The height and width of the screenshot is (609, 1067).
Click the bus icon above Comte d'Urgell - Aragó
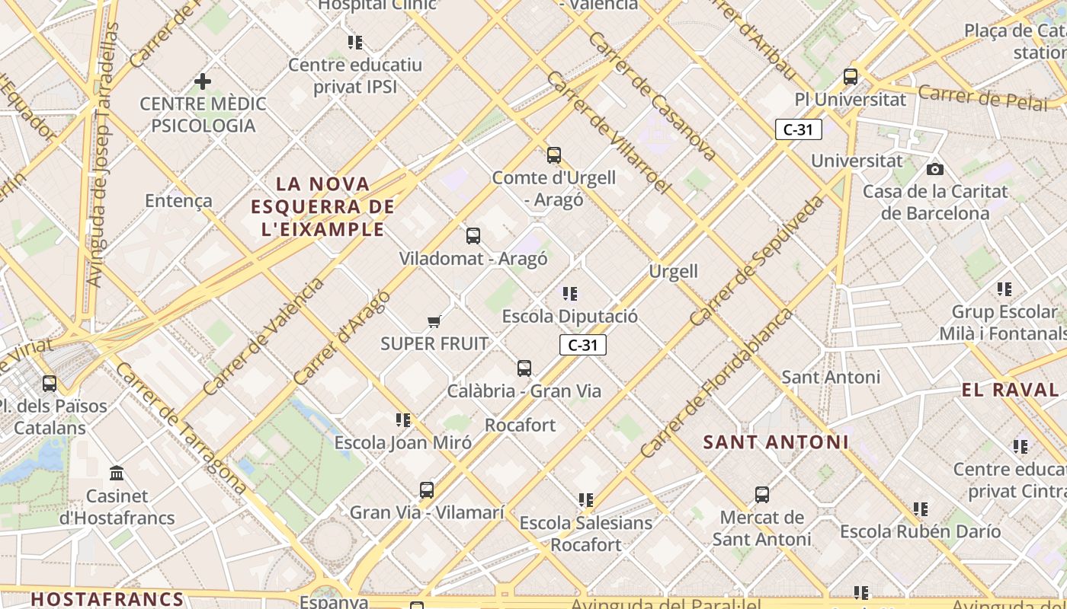pyautogui.click(x=554, y=155)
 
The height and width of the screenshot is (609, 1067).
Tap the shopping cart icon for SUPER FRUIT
pyautogui.click(x=434, y=321)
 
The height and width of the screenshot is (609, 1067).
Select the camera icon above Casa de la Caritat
pyautogui.click(x=935, y=169)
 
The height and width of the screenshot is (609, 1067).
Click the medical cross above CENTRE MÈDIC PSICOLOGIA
pyautogui.click(x=203, y=81)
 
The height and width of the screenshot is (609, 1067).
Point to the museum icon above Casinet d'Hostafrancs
pyautogui.click(x=117, y=473)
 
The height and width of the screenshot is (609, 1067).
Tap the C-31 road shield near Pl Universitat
pyautogui.click(x=799, y=129)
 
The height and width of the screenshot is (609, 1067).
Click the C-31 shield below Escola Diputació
pyautogui.click(x=583, y=345)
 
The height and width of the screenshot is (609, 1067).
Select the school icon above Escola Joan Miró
pyautogui.click(x=403, y=419)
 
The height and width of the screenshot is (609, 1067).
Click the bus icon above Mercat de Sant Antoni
pyautogui.click(x=762, y=495)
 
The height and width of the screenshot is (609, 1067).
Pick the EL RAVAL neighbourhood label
pyautogui.click(x=1010, y=391)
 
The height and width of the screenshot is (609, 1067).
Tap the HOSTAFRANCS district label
pyautogui.click(x=107, y=599)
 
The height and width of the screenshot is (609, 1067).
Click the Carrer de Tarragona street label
pyautogui.click(x=181, y=428)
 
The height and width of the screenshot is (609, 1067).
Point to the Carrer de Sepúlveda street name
pyautogui.click(x=758, y=260)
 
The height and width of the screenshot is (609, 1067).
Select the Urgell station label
pyautogui.click(x=673, y=272)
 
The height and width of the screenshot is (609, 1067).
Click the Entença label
pyautogui.click(x=178, y=201)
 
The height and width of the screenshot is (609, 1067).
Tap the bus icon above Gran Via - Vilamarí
pyautogui.click(x=427, y=490)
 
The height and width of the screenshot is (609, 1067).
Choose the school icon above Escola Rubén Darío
pyautogui.click(x=921, y=509)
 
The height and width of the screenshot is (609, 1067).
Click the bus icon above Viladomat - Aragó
pyautogui.click(x=473, y=236)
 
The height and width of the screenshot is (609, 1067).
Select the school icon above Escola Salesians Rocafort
pyautogui.click(x=586, y=500)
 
